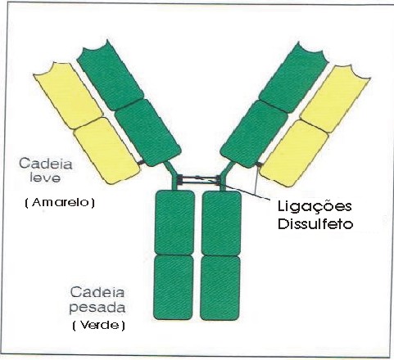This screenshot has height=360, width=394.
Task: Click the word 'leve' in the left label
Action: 45,178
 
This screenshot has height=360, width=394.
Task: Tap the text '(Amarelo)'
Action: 60,203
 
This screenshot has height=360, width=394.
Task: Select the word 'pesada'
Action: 97,308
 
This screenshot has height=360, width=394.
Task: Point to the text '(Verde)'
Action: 99,326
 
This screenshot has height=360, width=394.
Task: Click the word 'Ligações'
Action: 315,207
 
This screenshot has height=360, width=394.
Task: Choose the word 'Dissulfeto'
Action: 315,224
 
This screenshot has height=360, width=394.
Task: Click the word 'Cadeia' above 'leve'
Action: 46,164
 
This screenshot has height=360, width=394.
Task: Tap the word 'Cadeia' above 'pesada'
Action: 97,292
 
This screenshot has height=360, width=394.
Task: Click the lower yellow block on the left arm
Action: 107,151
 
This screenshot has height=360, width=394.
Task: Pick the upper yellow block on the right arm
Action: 335,99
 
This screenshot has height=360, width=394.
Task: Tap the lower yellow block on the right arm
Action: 294,154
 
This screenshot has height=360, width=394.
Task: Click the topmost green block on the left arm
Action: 110,75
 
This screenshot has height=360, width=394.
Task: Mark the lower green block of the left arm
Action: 147,133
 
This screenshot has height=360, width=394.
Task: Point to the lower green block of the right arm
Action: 254,134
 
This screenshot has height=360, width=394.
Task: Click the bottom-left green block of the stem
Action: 174,287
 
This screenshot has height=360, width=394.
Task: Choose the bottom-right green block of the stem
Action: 220,288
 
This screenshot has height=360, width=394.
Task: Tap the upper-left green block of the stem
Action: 174,223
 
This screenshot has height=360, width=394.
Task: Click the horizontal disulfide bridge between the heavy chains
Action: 199,179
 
